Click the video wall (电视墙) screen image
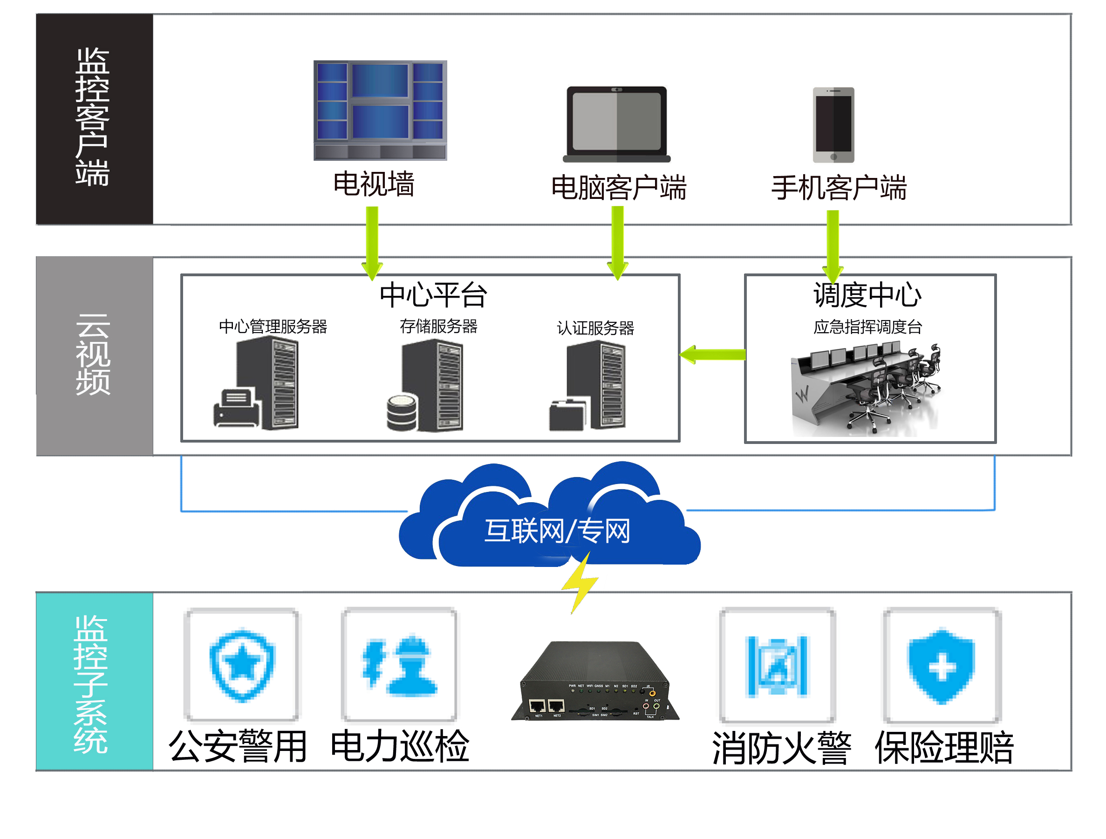coord(380,110)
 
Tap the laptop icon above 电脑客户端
coord(616,124)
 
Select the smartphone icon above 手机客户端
coord(833,125)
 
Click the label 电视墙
coord(374,184)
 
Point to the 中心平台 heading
coord(433,295)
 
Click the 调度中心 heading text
coord(867,295)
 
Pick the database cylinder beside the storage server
coord(402,412)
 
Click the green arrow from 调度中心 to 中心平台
coord(712,355)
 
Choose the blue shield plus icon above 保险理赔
coord(942,666)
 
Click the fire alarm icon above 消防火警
coord(777,666)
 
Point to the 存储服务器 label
coord(438,327)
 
